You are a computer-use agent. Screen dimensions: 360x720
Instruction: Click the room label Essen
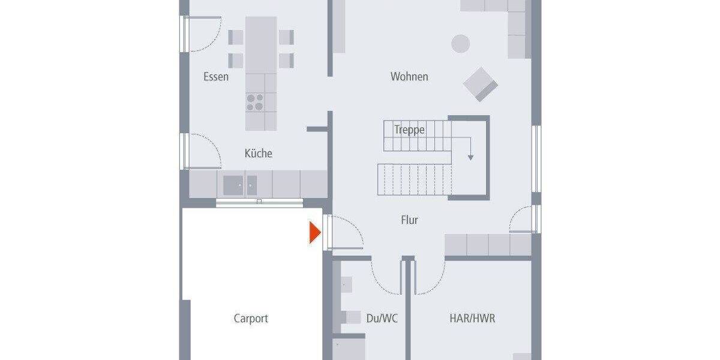pos(216,77)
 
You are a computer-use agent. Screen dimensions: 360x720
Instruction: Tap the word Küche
pos(258,154)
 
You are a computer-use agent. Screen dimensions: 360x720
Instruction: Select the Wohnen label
pos(409,77)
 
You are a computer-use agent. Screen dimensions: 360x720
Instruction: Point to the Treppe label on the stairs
pos(410,130)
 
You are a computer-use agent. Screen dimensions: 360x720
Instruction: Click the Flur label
pos(409,220)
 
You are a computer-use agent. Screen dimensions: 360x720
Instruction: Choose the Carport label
pos(251,319)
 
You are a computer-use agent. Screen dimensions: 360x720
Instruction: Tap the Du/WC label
pos(382,319)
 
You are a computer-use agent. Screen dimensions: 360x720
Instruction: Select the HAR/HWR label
pos(472,319)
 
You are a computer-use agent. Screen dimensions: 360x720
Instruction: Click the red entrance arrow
pos(314,233)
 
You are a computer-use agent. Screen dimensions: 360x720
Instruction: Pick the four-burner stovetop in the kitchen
pos(256,103)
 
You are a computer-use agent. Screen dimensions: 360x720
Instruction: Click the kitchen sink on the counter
pos(240,185)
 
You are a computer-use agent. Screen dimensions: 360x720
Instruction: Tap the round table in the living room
pos(461,43)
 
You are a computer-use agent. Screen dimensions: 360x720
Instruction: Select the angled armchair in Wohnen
pos(481,84)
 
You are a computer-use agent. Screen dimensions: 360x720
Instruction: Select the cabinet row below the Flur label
pos(487,245)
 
